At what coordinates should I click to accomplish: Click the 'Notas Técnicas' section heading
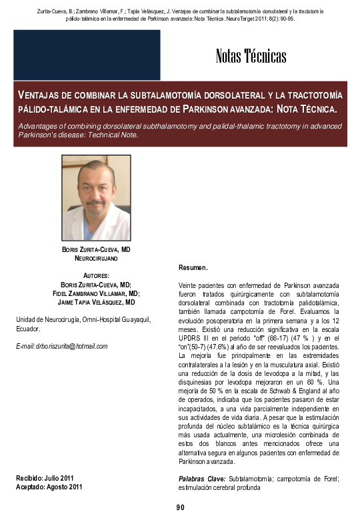(x=251, y=56)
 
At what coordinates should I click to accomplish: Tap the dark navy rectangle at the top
(x=87, y=55)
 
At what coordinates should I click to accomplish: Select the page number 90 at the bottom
(x=180, y=508)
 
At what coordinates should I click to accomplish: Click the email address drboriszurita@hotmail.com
(x=61, y=346)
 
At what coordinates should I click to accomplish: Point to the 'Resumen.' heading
(x=193, y=267)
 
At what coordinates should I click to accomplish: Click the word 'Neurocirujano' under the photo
(x=96, y=257)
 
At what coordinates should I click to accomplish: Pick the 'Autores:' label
(x=96, y=275)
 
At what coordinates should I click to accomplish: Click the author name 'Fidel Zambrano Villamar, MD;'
(x=96, y=293)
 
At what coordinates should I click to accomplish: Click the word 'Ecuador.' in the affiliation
(x=28, y=329)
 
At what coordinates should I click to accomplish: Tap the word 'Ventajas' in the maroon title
(x=39, y=95)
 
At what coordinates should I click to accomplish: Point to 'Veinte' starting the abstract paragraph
(x=189, y=285)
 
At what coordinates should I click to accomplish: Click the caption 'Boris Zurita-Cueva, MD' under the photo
(x=96, y=249)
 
